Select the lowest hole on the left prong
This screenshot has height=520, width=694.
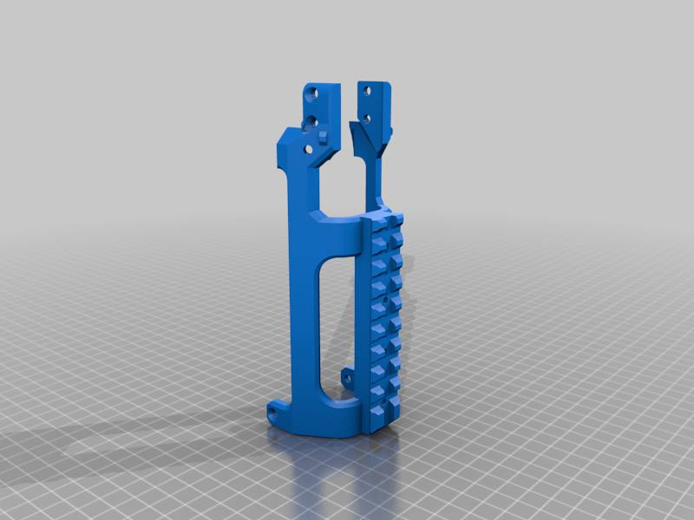point(306,149)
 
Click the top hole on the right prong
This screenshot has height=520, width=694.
point(368,89)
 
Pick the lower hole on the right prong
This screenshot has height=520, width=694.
point(367,117)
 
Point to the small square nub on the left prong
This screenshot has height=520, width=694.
point(323,133)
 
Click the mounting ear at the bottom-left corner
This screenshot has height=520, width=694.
point(277,407)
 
